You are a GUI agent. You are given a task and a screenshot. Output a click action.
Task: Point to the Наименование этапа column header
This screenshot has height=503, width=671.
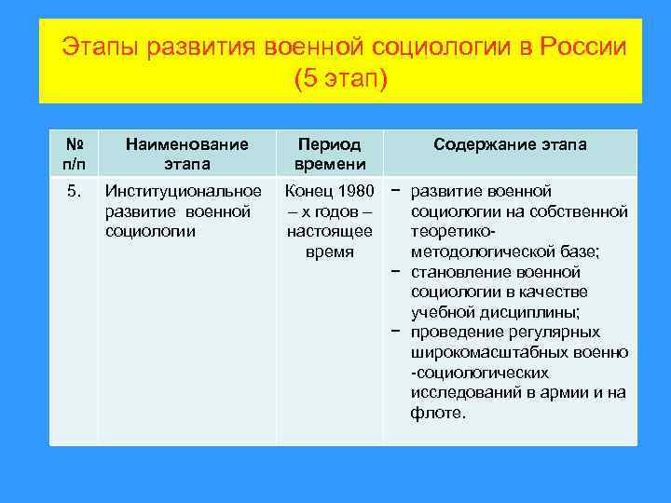[186, 154]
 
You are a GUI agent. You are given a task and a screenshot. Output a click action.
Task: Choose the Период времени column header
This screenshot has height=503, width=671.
[329, 154]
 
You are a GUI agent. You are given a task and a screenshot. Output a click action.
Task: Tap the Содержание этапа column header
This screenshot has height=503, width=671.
[510, 144]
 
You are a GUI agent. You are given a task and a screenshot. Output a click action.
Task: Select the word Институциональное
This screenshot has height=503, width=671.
[184, 192]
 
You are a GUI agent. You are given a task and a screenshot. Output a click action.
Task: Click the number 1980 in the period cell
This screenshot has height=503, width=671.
[355, 192]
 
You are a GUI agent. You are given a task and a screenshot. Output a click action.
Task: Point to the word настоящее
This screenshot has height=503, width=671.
[329, 232]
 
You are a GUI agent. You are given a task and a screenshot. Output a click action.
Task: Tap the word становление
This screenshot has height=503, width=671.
[456, 273]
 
